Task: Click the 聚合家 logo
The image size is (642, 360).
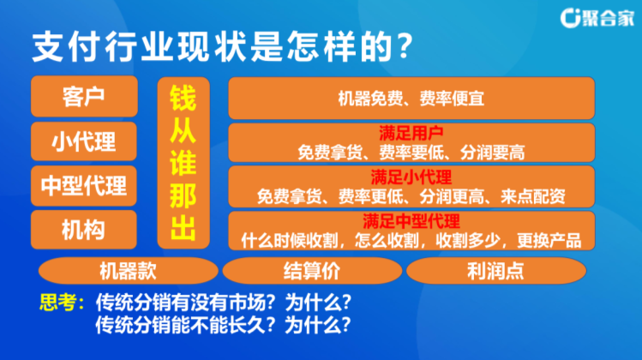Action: [597, 18]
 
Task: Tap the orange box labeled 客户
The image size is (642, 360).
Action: [84, 96]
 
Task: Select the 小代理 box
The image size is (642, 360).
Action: [84, 141]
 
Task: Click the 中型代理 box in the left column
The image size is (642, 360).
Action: [84, 185]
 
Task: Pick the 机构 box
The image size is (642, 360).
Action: [84, 230]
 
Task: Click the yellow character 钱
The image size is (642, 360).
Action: [183, 99]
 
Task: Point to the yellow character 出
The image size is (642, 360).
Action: [183, 229]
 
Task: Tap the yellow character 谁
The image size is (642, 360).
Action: [183, 164]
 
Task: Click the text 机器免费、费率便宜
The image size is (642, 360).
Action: [411, 99]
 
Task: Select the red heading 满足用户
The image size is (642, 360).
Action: [411, 133]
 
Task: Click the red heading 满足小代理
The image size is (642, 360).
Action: [411, 177]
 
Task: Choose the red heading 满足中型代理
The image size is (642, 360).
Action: [411, 221]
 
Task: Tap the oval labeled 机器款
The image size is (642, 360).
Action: [129, 271]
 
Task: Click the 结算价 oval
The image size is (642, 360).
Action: [312, 271]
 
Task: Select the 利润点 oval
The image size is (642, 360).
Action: [496, 271]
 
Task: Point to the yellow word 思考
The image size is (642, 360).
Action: [57, 303]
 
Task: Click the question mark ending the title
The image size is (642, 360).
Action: [405, 46]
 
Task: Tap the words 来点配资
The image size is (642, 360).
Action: [532, 197]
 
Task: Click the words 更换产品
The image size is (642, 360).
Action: [549, 241]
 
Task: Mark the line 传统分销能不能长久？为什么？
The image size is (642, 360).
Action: [224, 325]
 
